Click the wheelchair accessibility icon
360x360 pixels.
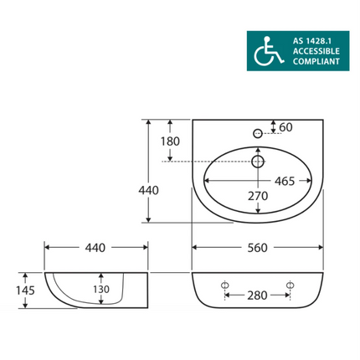pyautogui.click(x=268, y=51)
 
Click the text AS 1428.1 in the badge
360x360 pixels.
pyautogui.click(x=312, y=41)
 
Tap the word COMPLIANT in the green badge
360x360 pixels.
pyautogui.click(x=316, y=61)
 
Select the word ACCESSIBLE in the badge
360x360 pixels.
pyautogui.click(x=316, y=51)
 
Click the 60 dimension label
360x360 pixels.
pyautogui.click(x=285, y=127)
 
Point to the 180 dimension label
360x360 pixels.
pyautogui.click(x=170, y=141)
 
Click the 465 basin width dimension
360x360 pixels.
pyautogui.click(x=285, y=182)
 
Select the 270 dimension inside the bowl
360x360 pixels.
pyautogui.click(x=258, y=196)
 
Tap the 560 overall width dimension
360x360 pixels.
pyautogui.click(x=257, y=248)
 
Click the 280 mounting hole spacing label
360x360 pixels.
pyautogui.click(x=257, y=296)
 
